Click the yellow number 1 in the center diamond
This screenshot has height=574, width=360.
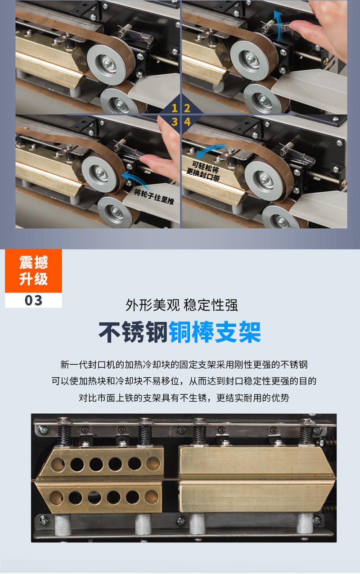tap(175, 108)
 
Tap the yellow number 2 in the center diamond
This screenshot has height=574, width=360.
tap(187, 108)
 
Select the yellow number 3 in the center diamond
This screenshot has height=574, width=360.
tap(175, 122)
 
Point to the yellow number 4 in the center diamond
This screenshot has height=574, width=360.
tap(187, 122)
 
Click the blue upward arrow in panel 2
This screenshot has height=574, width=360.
tap(278, 26)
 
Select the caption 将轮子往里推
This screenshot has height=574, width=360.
tap(154, 197)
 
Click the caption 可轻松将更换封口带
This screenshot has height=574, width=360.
tap(203, 171)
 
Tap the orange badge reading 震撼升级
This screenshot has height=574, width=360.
tap(33, 271)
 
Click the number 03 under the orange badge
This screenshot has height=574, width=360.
tap(33, 300)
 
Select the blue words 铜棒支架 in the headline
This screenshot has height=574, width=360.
tap(215, 332)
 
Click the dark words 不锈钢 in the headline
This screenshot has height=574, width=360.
tap(133, 332)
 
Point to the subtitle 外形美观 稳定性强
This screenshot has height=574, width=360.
tap(182, 305)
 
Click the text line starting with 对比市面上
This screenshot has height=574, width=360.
tap(184, 398)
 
